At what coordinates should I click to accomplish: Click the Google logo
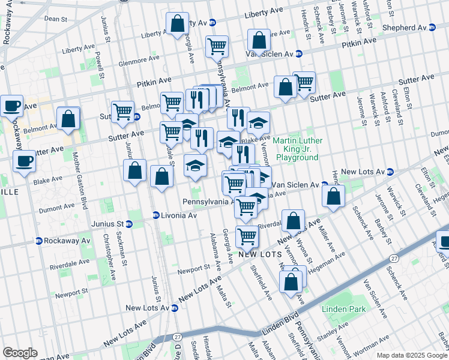click(20, 353)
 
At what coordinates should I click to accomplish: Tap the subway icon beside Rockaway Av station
click(39, 241)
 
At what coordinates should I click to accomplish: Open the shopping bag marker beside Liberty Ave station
click(178, 24)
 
